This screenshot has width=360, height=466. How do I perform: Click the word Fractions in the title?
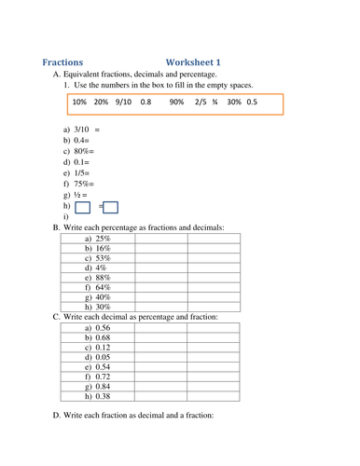(x=62, y=62)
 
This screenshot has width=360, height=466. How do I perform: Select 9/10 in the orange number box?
(x=123, y=102)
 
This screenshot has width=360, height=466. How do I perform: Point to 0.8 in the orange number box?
(x=145, y=102)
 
